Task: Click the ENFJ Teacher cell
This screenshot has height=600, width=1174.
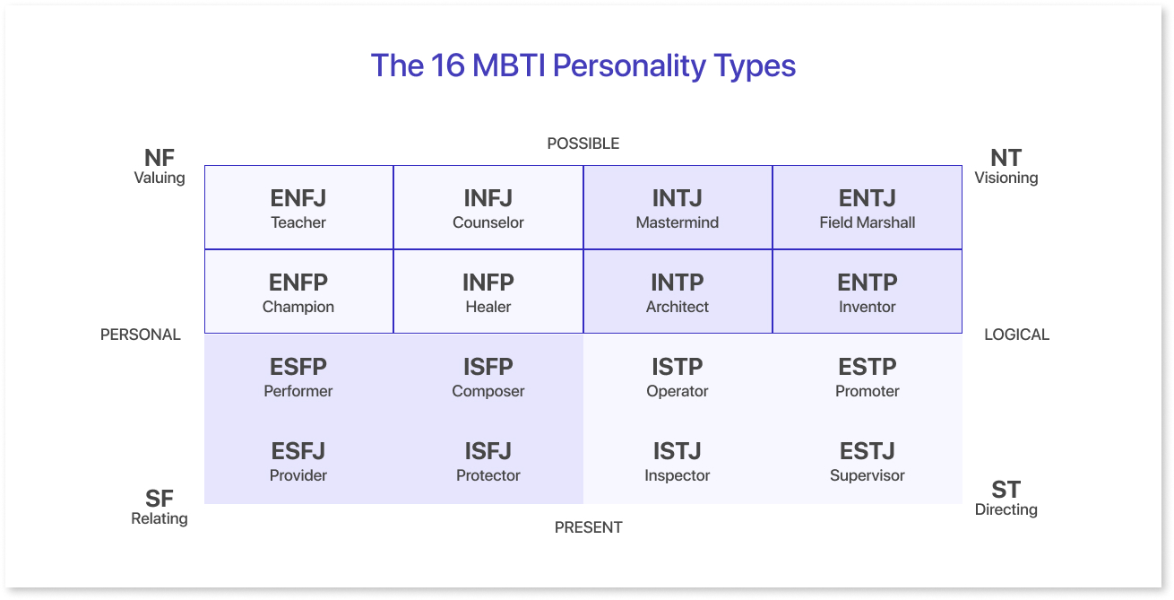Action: pos(298,207)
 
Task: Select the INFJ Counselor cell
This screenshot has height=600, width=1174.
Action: pos(488,207)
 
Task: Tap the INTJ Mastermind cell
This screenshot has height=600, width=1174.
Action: pos(678,207)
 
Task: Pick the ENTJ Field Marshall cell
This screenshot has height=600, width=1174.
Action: pos(868,207)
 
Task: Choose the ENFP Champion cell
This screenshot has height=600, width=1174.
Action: pos(298,291)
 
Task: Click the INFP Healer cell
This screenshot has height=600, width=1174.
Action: pos(488,291)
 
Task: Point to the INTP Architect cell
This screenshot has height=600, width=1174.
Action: pos(678,291)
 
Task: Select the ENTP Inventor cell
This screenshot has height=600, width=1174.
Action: pos(868,291)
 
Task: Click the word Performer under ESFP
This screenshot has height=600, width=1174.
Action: pos(298,391)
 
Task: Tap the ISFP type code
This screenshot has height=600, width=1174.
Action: pos(488,367)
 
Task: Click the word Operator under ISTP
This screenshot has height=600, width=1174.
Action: pos(678,392)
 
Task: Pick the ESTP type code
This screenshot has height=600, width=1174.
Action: pos(868,367)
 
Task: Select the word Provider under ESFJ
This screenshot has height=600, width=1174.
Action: pos(298,475)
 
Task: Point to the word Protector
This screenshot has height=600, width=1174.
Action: pos(488,475)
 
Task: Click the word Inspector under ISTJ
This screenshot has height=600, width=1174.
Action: pos(678,475)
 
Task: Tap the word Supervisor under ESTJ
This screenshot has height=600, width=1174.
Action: pos(868,475)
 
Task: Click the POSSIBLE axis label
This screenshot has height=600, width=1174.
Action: pos(583,143)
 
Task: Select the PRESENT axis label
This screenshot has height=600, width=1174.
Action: pos(589,527)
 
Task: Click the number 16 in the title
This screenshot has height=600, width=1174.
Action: pos(447,65)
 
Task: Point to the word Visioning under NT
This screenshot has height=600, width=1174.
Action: pos(1006,178)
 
